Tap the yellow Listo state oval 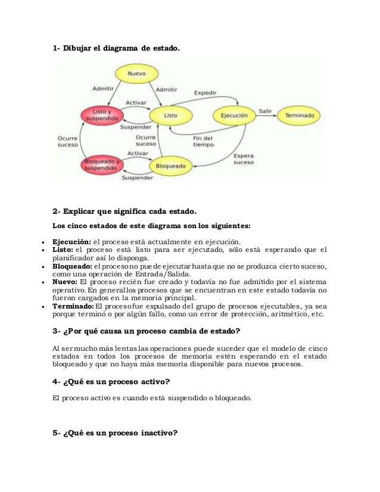(x=170, y=114)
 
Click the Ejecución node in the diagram (x=233, y=114)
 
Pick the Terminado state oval (x=300, y=115)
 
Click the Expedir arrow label (x=205, y=92)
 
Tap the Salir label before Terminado (x=264, y=110)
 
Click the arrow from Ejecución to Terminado (x=266, y=116)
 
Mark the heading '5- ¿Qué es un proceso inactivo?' (x=115, y=433)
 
